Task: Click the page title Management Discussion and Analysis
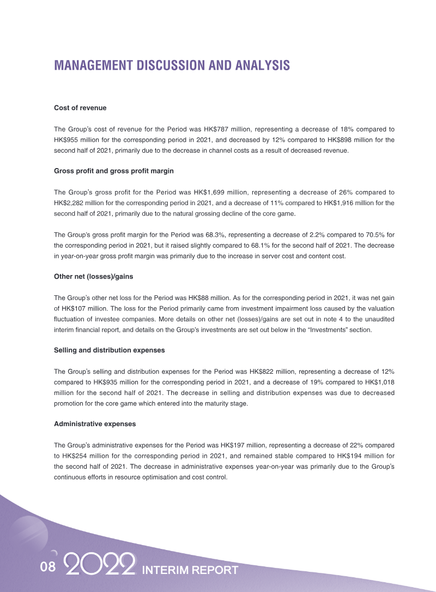172,65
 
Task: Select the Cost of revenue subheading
80,108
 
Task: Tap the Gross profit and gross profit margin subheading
114,171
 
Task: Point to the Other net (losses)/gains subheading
93,277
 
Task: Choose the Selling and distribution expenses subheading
109,350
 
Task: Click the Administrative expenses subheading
95,423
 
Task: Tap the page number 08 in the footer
48,567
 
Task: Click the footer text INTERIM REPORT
190,570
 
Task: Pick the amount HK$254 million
84,455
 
